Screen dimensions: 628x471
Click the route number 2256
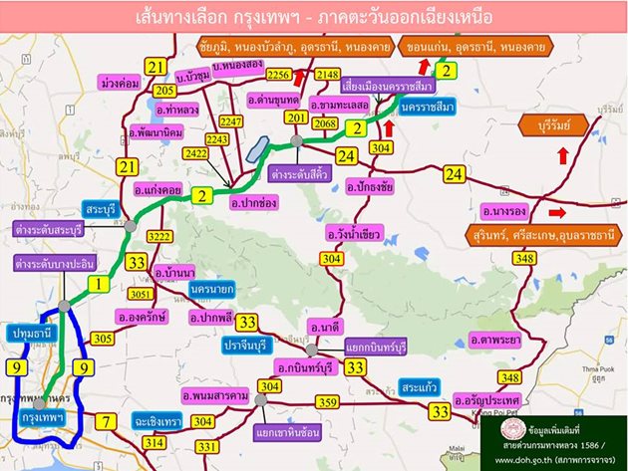tap(280, 75)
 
